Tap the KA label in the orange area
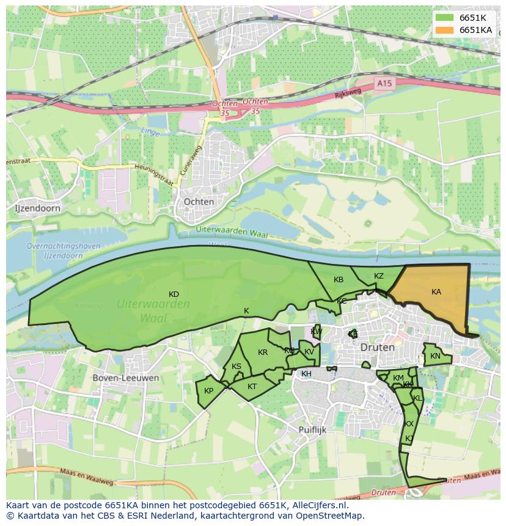coord(436,292)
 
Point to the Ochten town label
coord(199,202)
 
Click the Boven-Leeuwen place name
coord(126,378)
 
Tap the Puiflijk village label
coord(313,429)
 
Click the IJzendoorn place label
coord(37,208)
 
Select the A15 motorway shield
coord(383,82)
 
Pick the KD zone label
coord(174,294)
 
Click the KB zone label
coord(339,280)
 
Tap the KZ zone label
coord(379,276)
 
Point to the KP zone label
coord(209,391)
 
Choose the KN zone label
coord(435,356)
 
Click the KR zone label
coord(263,352)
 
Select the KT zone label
coord(252,387)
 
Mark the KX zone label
coord(409,424)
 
